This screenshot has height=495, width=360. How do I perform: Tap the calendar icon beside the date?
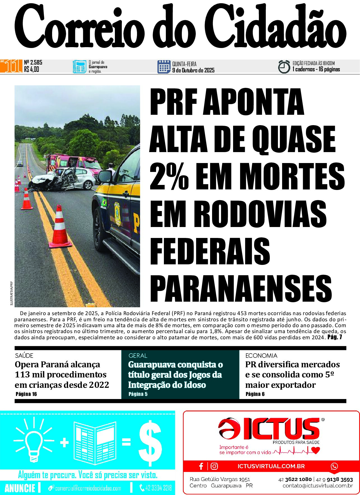tap(164, 67)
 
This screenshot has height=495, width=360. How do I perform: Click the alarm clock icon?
tap(284, 67)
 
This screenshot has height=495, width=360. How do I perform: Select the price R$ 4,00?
tap(32, 69)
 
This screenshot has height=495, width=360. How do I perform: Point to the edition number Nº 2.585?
tap(33, 62)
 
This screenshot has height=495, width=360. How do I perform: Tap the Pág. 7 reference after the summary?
tap(335, 337)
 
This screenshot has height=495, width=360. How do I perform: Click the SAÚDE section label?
tap(24, 356)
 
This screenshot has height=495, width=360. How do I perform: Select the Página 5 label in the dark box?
tap(138, 394)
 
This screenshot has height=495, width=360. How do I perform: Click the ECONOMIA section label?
tap(261, 356)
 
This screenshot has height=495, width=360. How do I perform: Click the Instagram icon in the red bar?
tap(214, 466)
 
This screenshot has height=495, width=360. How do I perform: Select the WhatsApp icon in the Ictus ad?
tap(334, 466)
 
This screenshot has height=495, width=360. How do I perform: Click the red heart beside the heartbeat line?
tap(316, 450)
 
